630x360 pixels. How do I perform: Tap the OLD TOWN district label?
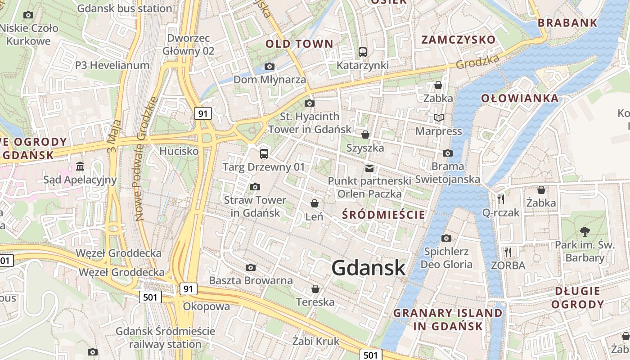[x=299, y=44]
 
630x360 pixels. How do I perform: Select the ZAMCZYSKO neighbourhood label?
[x=458, y=40]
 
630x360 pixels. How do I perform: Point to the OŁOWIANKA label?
[x=519, y=98]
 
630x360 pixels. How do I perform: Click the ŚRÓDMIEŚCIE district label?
[x=383, y=215]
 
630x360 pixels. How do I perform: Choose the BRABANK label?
[x=567, y=23]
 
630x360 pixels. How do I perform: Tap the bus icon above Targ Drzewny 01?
[x=264, y=154]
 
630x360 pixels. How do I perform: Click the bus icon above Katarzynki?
[x=363, y=52]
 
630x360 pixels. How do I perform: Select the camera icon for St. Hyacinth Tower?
[x=309, y=103]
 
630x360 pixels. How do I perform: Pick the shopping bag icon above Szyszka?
[x=365, y=135]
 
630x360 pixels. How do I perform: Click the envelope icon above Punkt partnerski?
[x=369, y=168]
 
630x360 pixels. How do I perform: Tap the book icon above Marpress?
[x=439, y=118]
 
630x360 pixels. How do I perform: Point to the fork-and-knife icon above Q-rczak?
[x=501, y=199]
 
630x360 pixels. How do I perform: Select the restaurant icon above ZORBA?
[x=508, y=252]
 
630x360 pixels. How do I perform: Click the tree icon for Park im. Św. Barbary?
[x=585, y=232]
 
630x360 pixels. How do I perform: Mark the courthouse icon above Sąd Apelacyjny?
[x=80, y=166]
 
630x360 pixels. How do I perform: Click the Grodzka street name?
[x=477, y=62]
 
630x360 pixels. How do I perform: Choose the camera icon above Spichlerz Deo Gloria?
[x=446, y=238]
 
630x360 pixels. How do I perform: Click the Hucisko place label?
[x=179, y=151]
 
